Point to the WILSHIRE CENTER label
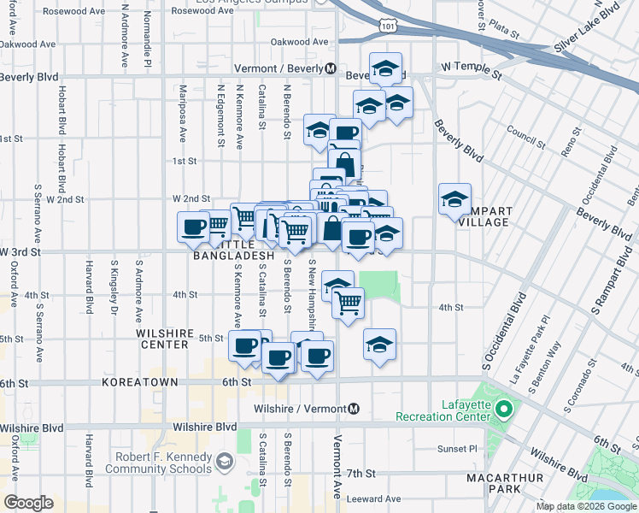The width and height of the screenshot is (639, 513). point(161,339)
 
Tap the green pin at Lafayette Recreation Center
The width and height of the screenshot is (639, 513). point(504,410)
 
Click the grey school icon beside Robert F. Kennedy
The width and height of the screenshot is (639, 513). point(224,462)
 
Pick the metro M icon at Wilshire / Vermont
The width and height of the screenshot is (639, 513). point(354,409)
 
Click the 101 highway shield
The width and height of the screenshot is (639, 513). point(390,27)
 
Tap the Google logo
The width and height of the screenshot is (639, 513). point(28,503)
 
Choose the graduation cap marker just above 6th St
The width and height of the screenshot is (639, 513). point(379,345)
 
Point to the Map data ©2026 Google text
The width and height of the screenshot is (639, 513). point(586,506)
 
